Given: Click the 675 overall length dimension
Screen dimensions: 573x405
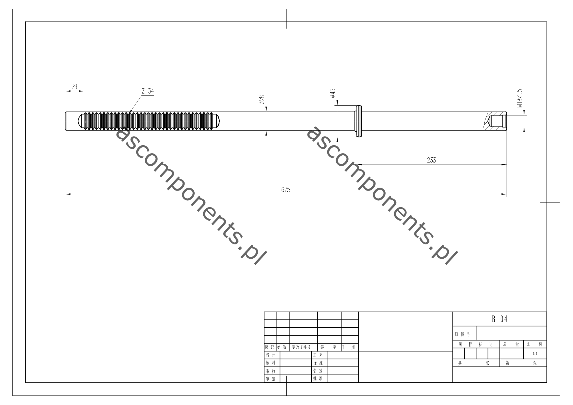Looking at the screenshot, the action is coord(286,190).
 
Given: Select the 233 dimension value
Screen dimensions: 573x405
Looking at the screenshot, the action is coord(431,160).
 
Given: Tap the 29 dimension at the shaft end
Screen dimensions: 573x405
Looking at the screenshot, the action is coord(74,87).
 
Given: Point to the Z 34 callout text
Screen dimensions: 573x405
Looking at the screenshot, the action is coord(148,91).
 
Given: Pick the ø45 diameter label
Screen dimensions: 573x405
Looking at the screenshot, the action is coord(333,93).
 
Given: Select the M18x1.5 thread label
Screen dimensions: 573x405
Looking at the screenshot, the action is coord(520,98).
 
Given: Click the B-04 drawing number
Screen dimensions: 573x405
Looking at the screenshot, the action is coord(500,319).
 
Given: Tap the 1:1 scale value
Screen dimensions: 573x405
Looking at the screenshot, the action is coord(535,354).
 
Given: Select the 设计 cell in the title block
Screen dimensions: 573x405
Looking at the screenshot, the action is coord(271,355).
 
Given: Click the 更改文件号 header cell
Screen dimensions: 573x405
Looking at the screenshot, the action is coord(301,347).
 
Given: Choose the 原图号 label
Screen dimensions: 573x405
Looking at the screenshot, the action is coord(463,334).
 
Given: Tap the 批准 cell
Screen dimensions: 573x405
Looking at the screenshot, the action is coord(318,378).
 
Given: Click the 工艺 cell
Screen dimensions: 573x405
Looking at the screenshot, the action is coord(318,355).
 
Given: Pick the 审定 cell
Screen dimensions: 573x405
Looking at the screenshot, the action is coord(271,379).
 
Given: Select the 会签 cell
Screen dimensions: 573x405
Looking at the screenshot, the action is coord(318,371).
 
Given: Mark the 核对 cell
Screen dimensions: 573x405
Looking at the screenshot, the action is coord(271,363).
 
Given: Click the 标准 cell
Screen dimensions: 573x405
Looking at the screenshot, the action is coord(318,363).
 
